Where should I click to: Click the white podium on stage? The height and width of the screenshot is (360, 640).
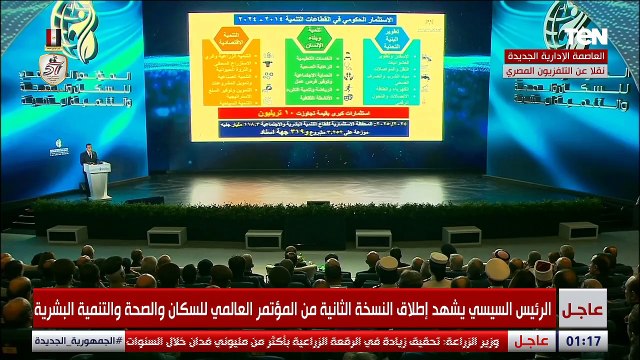[97, 180]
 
